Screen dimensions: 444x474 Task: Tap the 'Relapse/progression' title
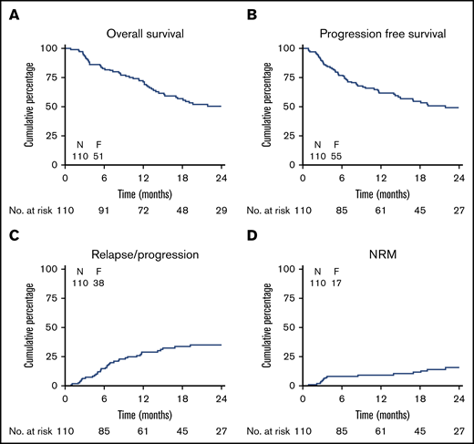[x=143, y=256]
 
